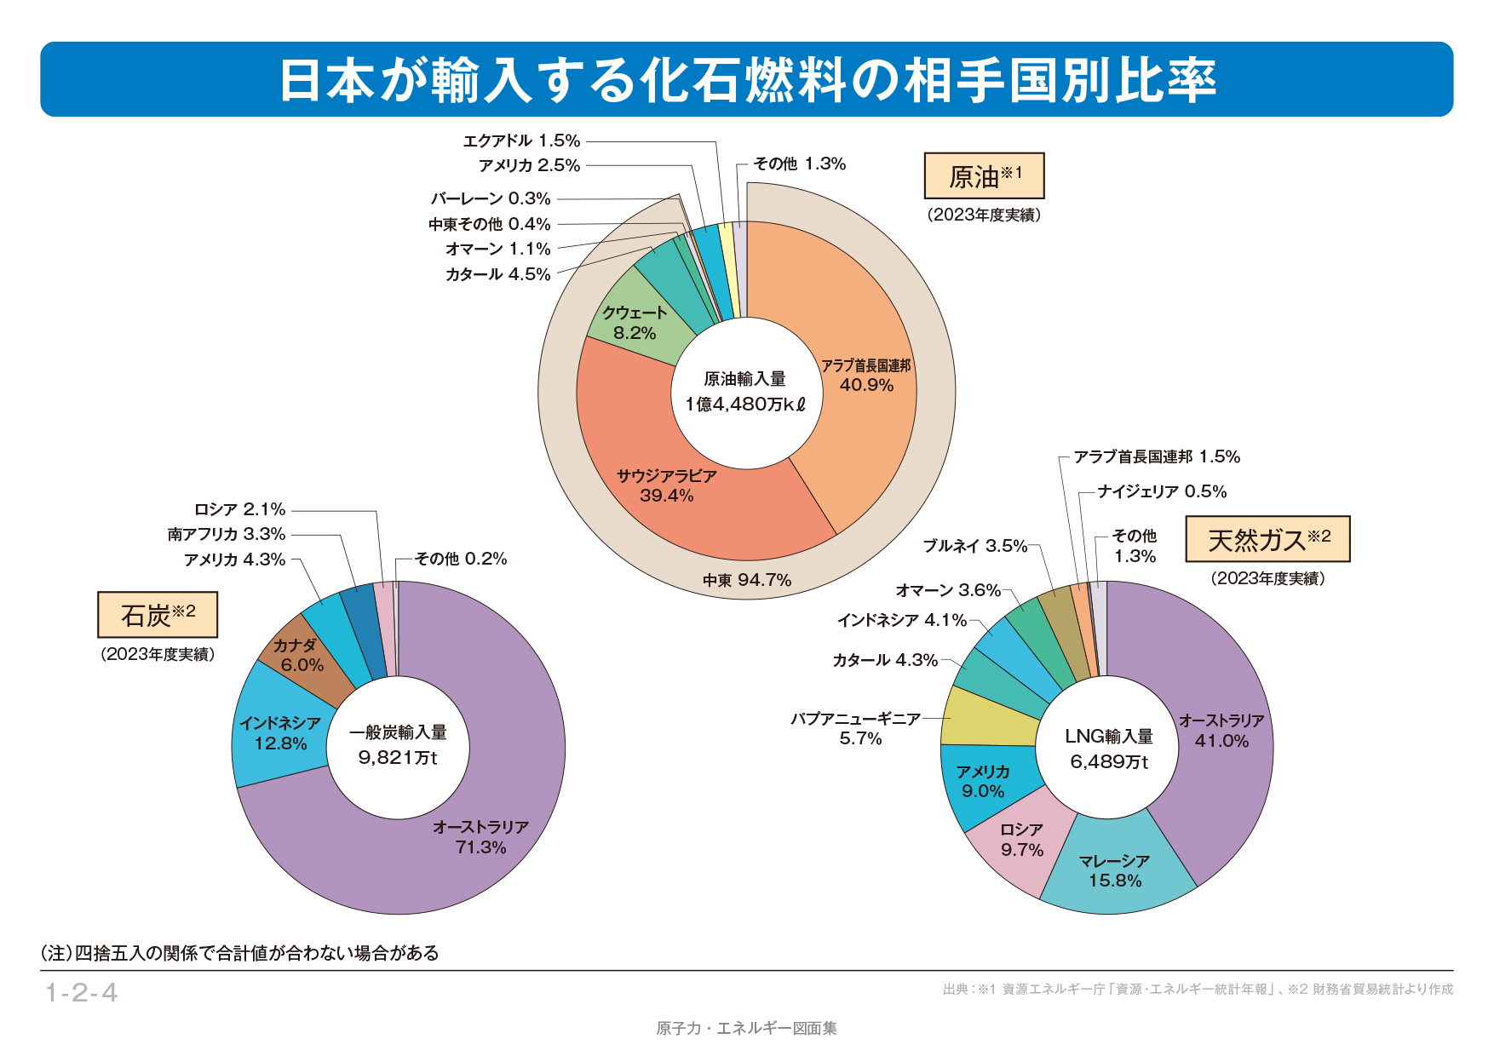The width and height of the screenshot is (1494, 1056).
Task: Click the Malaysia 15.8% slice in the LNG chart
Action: click(1114, 870)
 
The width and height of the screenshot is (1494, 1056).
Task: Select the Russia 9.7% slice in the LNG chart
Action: click(1020, 840)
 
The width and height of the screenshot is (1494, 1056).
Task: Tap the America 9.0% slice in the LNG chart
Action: click(983, 781)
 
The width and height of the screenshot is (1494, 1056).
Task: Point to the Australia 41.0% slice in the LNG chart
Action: click(1221, 731)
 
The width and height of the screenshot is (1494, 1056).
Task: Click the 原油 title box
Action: click(984, 176)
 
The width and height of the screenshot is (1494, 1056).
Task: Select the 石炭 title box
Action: click(158, 615)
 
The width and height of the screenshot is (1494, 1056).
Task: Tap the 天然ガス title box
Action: click(1267, 539)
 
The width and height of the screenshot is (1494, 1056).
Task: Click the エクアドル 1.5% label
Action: click(521, 141)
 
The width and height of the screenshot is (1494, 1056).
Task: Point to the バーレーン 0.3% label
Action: click(491, 198)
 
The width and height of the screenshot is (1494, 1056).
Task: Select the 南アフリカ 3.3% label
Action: click(227, 534)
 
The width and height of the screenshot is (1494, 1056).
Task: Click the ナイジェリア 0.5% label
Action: click(1162, 491)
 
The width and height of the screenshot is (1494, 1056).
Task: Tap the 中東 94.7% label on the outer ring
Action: click(747, 580)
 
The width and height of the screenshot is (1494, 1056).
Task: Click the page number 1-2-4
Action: click(81, 992)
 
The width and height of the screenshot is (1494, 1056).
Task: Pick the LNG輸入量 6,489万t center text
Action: click(1109, 749)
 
